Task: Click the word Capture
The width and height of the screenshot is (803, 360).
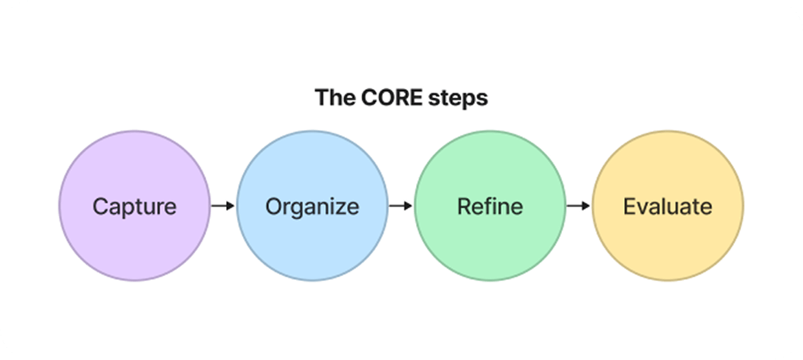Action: point(134,207)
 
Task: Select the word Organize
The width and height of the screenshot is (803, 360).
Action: point(312,207)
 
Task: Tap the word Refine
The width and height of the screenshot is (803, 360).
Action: point(490,206)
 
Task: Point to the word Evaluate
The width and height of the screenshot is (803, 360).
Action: point(667,206)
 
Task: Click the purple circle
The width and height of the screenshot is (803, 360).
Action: point(134,206)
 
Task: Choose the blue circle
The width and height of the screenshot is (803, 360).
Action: point(312,206)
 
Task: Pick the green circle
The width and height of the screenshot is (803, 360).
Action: point(490,206)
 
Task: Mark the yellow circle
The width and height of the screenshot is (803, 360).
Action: point(668,206)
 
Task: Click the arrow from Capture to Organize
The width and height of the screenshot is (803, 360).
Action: point(223,206)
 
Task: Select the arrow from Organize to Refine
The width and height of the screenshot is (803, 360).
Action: point(401,206)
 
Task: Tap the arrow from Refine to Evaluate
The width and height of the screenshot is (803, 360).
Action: point(578,206)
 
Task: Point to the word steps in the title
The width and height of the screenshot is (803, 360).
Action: point(458,99)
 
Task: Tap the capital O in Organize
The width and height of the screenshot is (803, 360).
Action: point(275,206)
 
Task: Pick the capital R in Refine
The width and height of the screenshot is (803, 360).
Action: point(465,206)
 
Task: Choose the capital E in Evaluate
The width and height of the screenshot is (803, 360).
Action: point(631,206)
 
